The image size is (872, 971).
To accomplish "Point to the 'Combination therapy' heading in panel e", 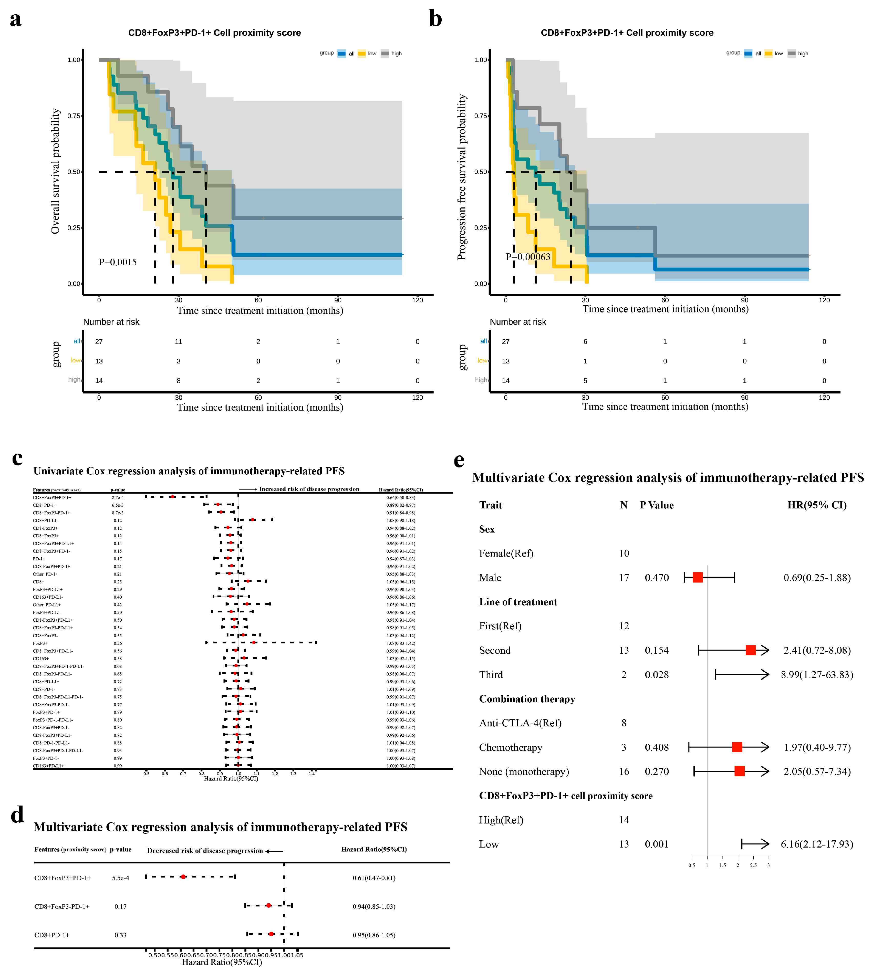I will (x=527, y=699).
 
